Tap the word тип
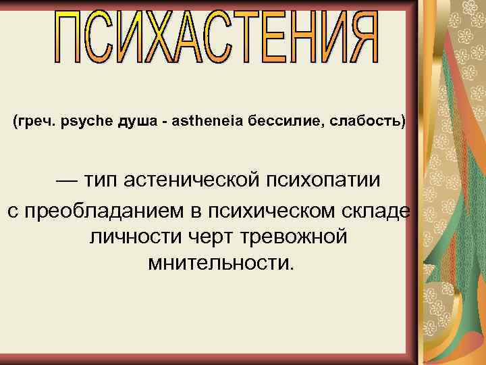click(104, 181)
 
